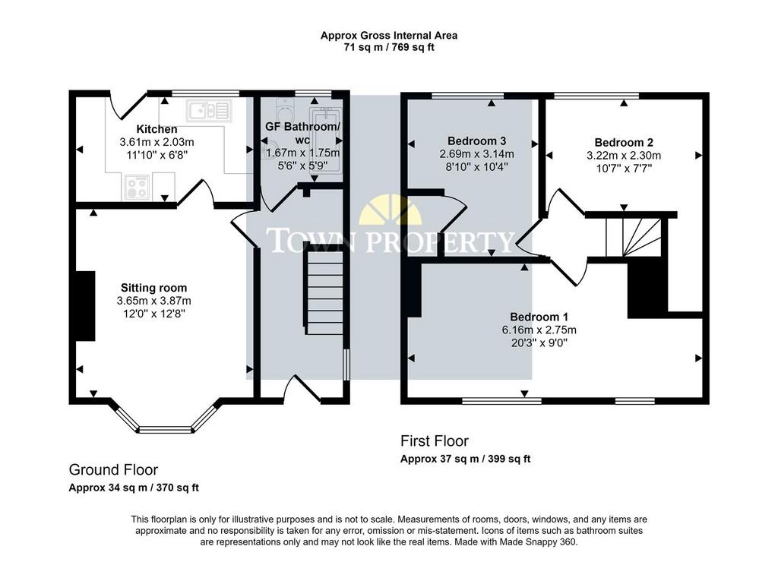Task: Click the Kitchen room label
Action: click(x=157, y=129)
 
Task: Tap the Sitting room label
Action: click(x=153, y=288)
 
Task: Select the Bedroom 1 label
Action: click(x=539, y=317)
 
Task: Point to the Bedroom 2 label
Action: click(x=624, y=143)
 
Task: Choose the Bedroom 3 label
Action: click(x=476, y=140)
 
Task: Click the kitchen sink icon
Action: click(x=209, y=111)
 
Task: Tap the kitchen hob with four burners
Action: click(x=137, y=187)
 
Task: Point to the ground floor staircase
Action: click(x=324, y=292)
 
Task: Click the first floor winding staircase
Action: click(x=634, y=237)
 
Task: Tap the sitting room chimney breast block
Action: click(x=85, y=306)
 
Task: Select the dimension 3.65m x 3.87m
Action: click(x=153, y=301)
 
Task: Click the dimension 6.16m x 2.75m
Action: click(x=539, y=330)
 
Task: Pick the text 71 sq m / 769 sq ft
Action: click(x=389, y=48)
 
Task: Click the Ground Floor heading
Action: click(x=113, y=470)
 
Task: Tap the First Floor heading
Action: click(x=434, y=441)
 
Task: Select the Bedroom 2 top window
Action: click(x=596, y=95)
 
